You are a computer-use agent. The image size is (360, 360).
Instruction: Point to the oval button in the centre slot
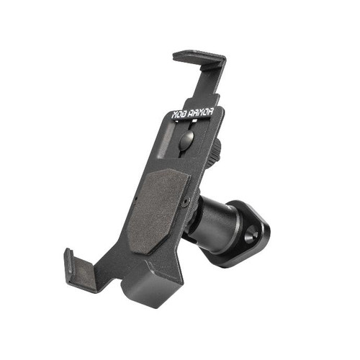(x=186, y=140)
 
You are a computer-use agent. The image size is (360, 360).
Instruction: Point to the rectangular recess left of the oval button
(x=167, y=142)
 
